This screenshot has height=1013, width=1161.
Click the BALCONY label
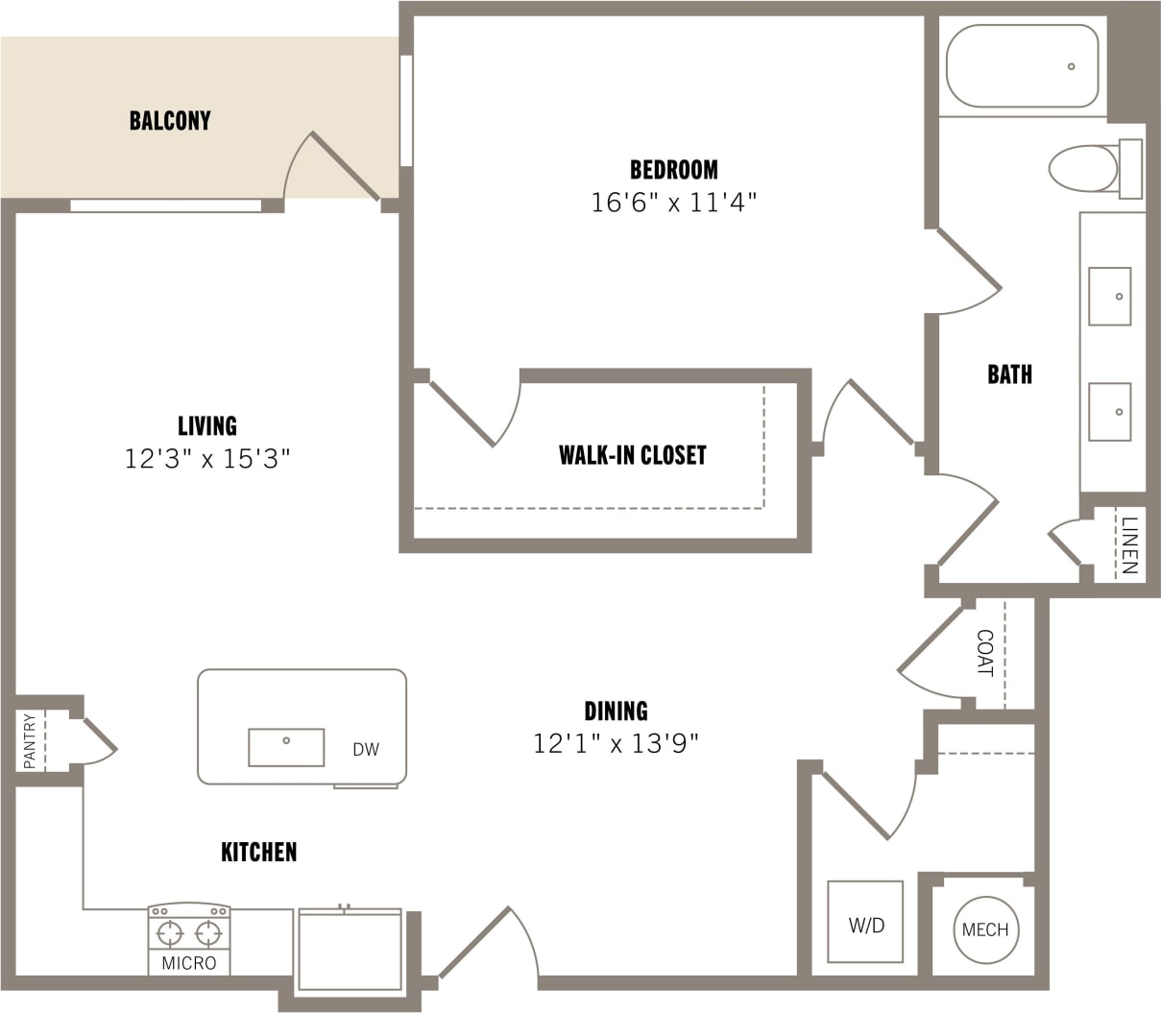click(170, 121)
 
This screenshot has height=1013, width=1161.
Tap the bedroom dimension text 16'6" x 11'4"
click(674, 203)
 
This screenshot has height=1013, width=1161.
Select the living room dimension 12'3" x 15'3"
click(207, 459)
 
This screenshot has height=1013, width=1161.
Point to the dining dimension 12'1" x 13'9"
click(616, 743)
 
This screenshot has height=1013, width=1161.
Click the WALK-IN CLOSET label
click(632, 455)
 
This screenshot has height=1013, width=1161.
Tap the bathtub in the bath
click(1022, 65)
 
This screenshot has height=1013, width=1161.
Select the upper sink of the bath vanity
click(1109, 296)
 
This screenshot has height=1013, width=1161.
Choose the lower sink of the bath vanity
click(1109, 411)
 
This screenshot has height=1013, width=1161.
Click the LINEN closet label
click(1129, 544)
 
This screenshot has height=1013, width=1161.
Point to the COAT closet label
click(984, 653)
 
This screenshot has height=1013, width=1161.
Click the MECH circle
click(985, 929)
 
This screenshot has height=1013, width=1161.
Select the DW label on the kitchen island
click(366, 750)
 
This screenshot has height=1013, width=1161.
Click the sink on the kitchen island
click(286, 747)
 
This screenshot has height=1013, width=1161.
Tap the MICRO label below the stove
click(189, 963)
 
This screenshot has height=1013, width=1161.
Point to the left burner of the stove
click(170, 932)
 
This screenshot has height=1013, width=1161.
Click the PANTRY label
click(30, 740)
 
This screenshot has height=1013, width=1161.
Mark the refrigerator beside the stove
click(350, 950)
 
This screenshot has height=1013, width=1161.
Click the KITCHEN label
click(259, 852)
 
